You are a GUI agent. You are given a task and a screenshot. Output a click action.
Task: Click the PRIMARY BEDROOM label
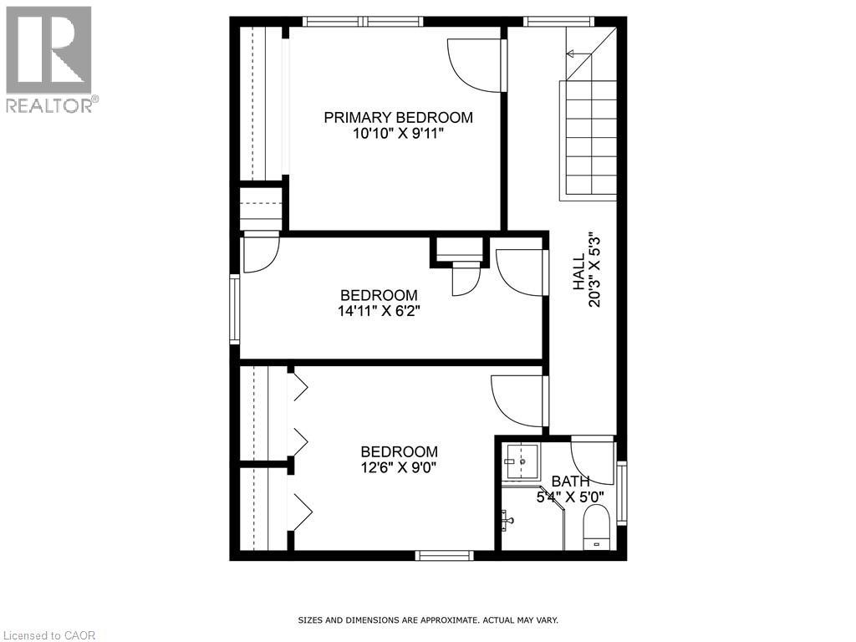point(398,118)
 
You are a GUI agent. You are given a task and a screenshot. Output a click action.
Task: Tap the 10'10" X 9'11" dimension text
point(398,133)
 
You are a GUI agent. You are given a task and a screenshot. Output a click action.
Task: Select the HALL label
point(578,273)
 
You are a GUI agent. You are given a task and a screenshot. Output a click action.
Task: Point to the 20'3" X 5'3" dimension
point(594,269)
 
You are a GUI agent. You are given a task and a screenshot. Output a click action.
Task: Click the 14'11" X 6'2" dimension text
point(378,310)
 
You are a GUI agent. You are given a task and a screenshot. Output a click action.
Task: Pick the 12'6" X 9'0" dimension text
point(399,467)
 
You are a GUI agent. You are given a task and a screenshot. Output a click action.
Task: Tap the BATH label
point(570,481)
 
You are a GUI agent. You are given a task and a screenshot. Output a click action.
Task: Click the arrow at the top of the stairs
point(574,53)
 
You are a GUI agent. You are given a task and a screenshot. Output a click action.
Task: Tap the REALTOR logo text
point(50,105)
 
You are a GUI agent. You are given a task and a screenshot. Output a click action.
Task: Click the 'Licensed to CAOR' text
point(48,635)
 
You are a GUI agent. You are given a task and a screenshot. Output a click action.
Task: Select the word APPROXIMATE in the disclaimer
point(449,620)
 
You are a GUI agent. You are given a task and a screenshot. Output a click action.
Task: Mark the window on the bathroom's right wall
point(621,493)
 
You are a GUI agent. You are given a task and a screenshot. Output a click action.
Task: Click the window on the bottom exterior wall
point(444,555)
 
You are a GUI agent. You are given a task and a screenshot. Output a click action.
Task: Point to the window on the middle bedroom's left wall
point(235,310)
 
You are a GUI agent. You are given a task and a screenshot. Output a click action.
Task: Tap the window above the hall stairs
point(559,21)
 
